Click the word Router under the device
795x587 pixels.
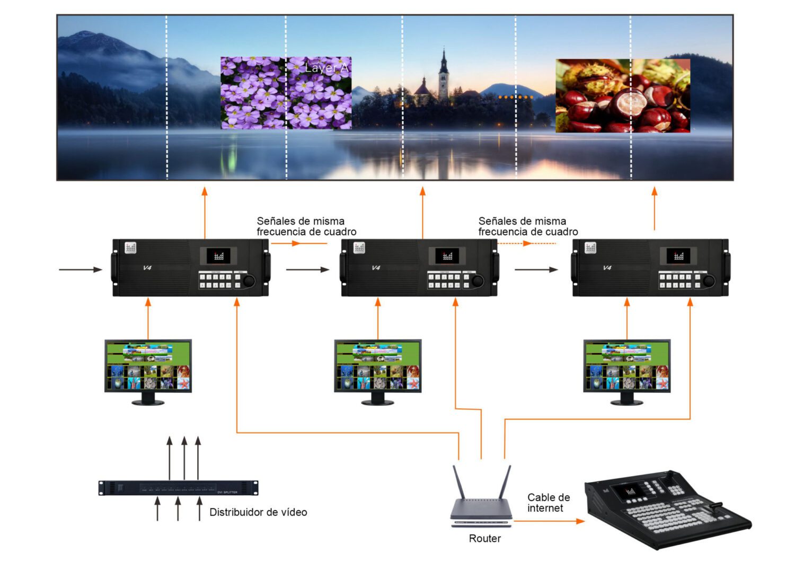coord(484,538)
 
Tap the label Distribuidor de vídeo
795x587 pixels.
coord(258,512)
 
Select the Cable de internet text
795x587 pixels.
coord(548,503)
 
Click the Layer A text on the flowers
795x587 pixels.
coord(326,68)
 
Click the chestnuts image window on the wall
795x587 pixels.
coord(622,95)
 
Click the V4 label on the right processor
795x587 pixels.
coord(607,268)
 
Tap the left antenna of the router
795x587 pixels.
coord(458,481)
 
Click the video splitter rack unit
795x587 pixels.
coord(178,488)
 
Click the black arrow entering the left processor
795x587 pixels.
coord(80,269)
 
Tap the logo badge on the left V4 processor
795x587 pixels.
coord(130,248)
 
